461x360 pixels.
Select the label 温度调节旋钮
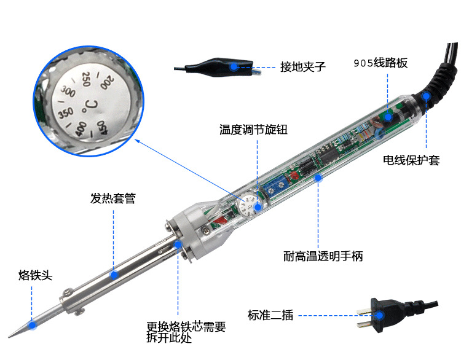[253, 130]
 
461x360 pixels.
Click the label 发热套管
[112, 198]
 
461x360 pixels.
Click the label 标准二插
[270, 315]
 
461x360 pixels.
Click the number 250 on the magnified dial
[86, 79]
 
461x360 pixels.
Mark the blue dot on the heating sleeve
[113, 275]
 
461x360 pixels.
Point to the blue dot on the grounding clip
[234, 66]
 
